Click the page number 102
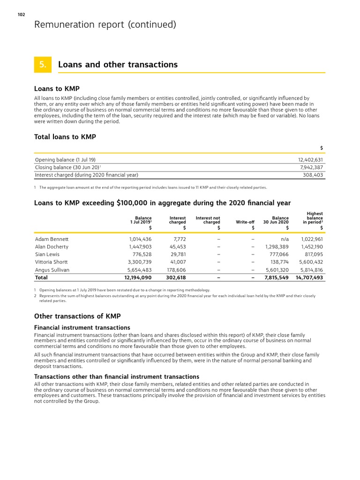(x=21, y=15)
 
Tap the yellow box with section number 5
(x=43, y=65)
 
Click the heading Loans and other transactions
(x=118, y=65)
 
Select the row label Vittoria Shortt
(x=51, y=262)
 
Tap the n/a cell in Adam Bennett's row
(x=283, y=239)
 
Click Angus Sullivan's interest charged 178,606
(x=176, y=270)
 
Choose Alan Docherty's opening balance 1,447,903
(x=140, y=247)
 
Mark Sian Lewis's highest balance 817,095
(x=311, y=255)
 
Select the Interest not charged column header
(x=208, y=220)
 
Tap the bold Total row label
(x=42, y=277)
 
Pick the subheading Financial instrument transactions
(x=82, y=327)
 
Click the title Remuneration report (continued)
(x=105, y=25)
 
